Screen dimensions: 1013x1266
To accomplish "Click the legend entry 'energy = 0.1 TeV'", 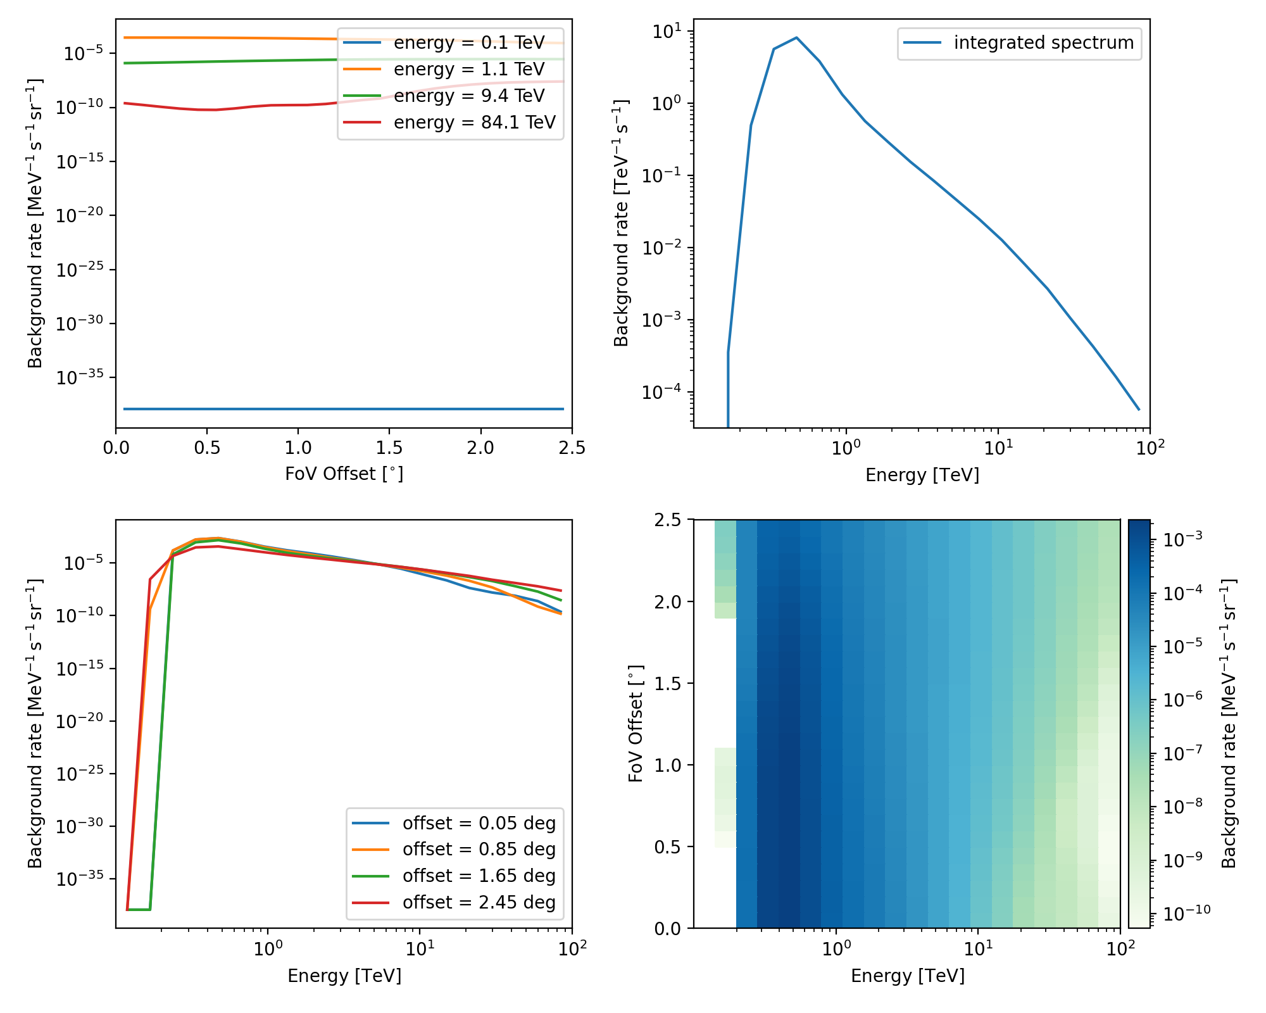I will coord(468,43).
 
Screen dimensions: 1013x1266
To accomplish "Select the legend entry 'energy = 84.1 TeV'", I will coord(474,122).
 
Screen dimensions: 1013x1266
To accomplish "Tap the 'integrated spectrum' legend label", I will coord(1043,43).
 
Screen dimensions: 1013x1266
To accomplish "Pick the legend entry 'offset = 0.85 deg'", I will coord(479,850).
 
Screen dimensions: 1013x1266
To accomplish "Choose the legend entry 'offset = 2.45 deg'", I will coord(479,903).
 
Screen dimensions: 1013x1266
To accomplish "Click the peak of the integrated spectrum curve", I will coord(796,38).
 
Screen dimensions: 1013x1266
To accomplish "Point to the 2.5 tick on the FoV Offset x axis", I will coord(572,448).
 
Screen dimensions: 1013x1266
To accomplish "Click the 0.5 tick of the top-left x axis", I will coord(207,448).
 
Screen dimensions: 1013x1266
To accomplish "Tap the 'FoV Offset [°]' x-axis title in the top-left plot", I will coord(344,474).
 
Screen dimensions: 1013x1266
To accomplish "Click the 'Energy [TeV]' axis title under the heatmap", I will coord(907,976).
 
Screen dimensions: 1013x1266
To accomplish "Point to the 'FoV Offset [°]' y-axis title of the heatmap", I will coord(636,724).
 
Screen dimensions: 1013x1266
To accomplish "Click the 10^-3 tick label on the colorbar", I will coord(1179,539).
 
